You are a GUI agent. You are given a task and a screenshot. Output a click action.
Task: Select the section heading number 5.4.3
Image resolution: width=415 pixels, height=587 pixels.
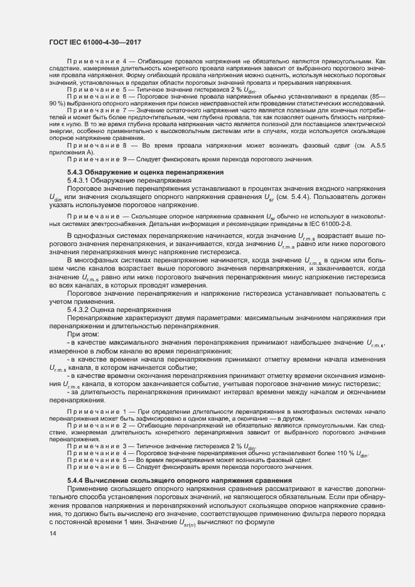coord(75,171)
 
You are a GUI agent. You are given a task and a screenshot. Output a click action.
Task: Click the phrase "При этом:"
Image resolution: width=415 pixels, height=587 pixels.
coord(82,335)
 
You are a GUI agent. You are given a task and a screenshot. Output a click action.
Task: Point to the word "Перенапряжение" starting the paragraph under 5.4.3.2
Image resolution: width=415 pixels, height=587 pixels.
coord(97,318)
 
